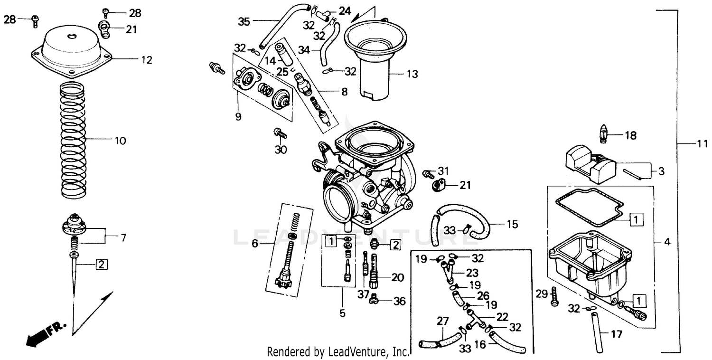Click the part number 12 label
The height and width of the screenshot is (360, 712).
[x=146, y=60]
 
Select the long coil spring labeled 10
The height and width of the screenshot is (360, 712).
[x=73, y=140]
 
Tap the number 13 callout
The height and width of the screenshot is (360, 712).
[x=412, y=74]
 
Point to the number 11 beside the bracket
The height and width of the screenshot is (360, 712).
[x=702, y=143]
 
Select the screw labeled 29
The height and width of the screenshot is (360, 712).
[x=553, y=296]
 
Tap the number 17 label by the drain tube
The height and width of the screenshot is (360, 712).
[x=616, y=334]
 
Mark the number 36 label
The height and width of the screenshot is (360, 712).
[x=400, y=301]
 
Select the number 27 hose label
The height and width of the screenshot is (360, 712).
[x=442, y=322]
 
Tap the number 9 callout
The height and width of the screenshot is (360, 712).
[x=238, y=116]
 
